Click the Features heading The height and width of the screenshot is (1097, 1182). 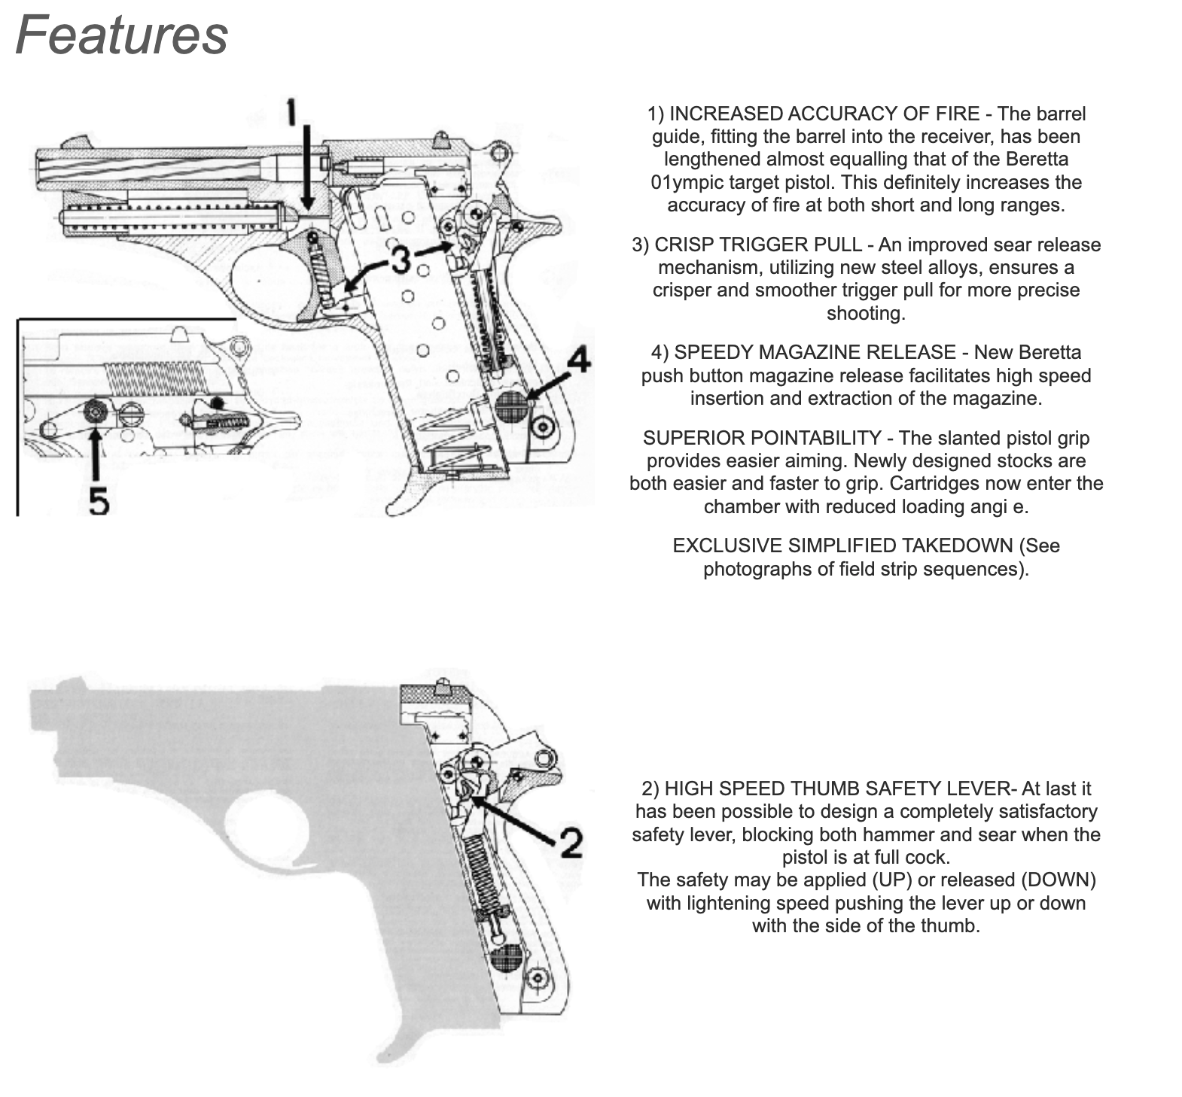(x=121, y=35)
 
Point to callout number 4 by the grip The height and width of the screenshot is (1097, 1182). (x=577, y=361)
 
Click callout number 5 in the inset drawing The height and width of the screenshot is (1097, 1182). (x=99, y=500)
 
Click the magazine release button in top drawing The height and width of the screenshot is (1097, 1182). (x=511, y=406)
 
